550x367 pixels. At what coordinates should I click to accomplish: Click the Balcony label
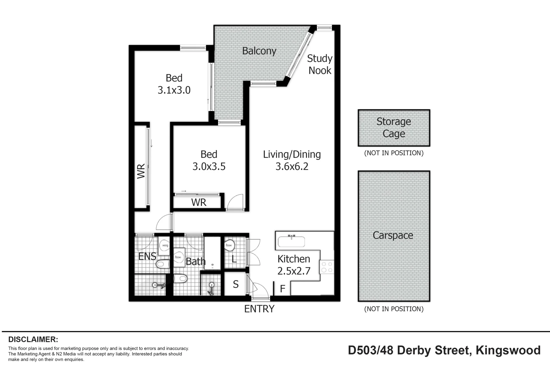click(x=259, y=51)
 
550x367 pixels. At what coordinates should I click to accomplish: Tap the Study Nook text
click(x=320, y=65)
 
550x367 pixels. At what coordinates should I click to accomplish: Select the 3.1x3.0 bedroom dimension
click(x=174, y=90)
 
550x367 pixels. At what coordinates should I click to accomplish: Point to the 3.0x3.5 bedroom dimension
click(x=209, y=167)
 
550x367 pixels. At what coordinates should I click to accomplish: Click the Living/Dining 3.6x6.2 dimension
click(x=292, y=167)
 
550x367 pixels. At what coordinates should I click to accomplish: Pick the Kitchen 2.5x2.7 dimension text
click(x=294, y=271)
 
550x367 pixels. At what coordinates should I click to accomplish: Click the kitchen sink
click(x=291, y=241)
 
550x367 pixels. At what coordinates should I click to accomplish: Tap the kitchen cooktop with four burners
click(x=327, y=267)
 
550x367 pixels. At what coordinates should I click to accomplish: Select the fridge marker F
click(x=282, y=289)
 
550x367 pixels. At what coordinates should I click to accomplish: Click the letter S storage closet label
click(x=236, y=284)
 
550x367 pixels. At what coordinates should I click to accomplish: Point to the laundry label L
click(x=234, y=259)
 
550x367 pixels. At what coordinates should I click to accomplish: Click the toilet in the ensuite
click(x=163, y=264)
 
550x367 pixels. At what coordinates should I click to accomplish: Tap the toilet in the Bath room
click(x=181, y=279)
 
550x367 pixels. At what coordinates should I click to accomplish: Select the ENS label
click(x=147, y=256)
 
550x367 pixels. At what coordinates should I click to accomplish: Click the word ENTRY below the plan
click(x=259, y=309)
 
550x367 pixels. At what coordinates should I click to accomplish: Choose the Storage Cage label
click(x=394, y=127)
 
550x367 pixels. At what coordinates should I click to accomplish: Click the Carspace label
click(x=393, y=235)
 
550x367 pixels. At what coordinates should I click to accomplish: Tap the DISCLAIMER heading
click(x=33, y=339)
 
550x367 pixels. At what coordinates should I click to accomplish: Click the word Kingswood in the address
click(x=508, y=350)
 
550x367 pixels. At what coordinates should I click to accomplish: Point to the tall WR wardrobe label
click(x=141, y=171)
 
